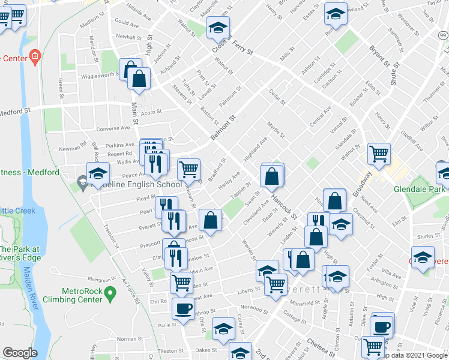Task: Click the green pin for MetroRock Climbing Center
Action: click(x=109, y=294)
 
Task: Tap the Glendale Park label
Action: click(x=420, y=188)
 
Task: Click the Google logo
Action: click(x=20, y=353)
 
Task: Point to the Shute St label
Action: click(x=394, y=72)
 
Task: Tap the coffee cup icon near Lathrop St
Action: click(x=183, y=308)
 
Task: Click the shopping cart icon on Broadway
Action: click(x=379, y=154)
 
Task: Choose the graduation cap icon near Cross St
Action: click(x=218, y=26)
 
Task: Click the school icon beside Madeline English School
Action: click(x=97, y=174)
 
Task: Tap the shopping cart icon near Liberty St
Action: click(x=276, y=284)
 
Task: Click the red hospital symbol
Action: click(x=35, y=58)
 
